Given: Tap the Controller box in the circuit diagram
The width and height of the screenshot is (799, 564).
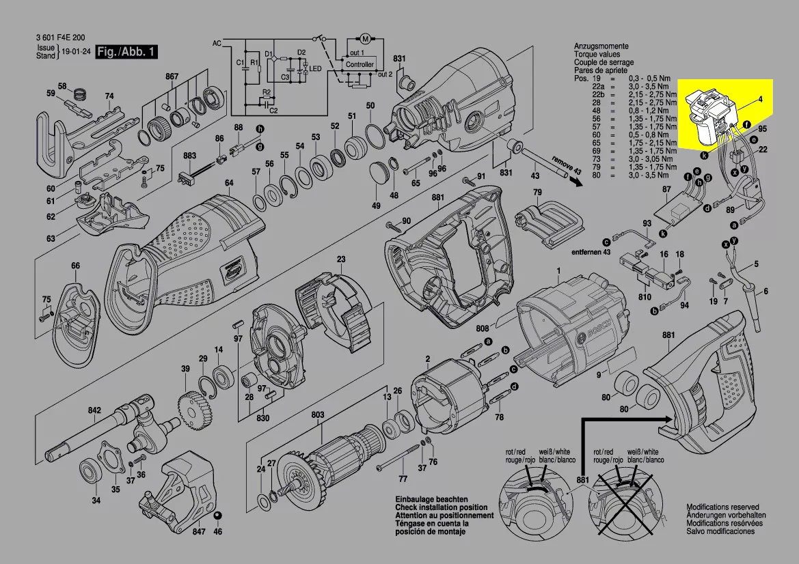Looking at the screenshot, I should [x=360, y=64].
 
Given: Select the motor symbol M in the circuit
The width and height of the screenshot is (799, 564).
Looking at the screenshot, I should [x=364, y=36].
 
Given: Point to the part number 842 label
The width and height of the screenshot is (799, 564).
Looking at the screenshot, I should [x=94, y=410].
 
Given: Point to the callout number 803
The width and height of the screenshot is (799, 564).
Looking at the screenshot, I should [x=318, y=414].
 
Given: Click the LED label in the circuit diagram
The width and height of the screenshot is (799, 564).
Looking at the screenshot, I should [x=315, y=69].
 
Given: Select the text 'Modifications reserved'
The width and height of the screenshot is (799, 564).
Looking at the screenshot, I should [x=722, y=508].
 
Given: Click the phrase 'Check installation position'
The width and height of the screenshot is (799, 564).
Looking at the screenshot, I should [x=442, y=508].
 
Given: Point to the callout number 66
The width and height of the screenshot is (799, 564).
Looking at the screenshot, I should [x=75, y=266].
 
